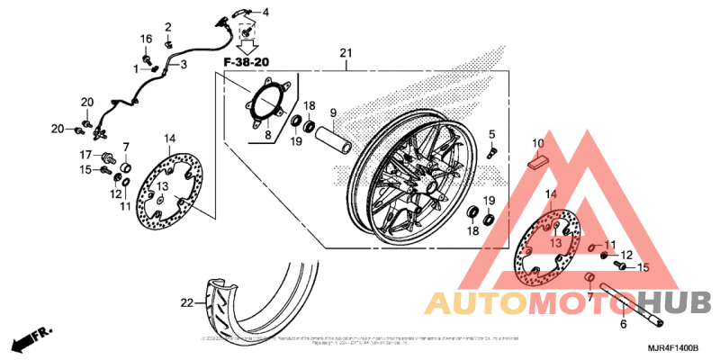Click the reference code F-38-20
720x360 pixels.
246,61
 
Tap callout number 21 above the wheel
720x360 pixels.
346,55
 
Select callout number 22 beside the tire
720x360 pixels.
186,303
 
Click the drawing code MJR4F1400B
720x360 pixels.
674,346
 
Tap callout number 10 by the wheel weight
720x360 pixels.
537,144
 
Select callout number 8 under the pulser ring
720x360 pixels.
266,135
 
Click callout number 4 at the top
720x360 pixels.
265,11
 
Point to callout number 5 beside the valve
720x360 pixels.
492,135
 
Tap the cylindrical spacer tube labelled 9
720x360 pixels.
333,143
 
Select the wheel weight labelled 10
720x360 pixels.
538,163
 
